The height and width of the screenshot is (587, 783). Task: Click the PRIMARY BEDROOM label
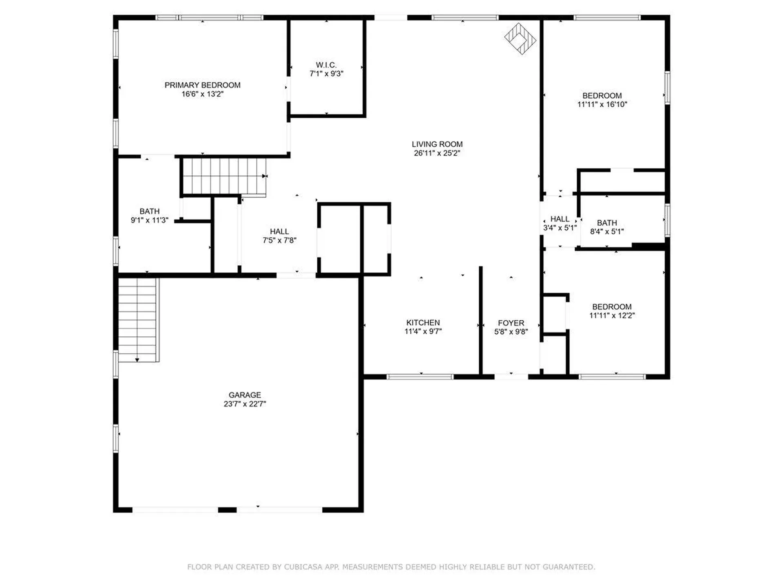coord(202,85)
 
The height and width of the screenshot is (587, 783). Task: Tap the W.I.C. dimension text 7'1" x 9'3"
coord(326,74)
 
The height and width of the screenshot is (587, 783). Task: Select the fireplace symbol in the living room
coord(520,39)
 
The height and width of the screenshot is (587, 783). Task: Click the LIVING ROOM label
coord(437,144)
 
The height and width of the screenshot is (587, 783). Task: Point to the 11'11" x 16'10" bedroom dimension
coord(602,104)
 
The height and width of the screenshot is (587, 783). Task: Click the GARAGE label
coord(245,395)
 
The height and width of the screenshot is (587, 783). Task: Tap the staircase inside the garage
coord(137,320)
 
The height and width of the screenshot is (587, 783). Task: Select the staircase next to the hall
coord(224,176)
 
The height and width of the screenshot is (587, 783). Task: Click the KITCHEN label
coord(423,322)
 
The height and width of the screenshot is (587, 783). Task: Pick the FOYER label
coord(511,323)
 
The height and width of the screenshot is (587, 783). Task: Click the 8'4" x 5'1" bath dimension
coord(607,232)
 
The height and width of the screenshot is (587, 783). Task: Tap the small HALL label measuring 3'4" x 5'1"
coord(560,219)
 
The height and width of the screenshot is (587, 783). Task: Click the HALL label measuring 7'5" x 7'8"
coord(279,232)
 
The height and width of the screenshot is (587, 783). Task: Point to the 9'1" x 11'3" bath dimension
coord(149,220)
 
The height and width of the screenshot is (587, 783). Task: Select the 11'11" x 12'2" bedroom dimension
coord(612,315)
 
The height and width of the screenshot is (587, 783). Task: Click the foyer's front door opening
coord(511,377)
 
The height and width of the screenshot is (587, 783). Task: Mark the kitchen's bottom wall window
coord(420,377)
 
